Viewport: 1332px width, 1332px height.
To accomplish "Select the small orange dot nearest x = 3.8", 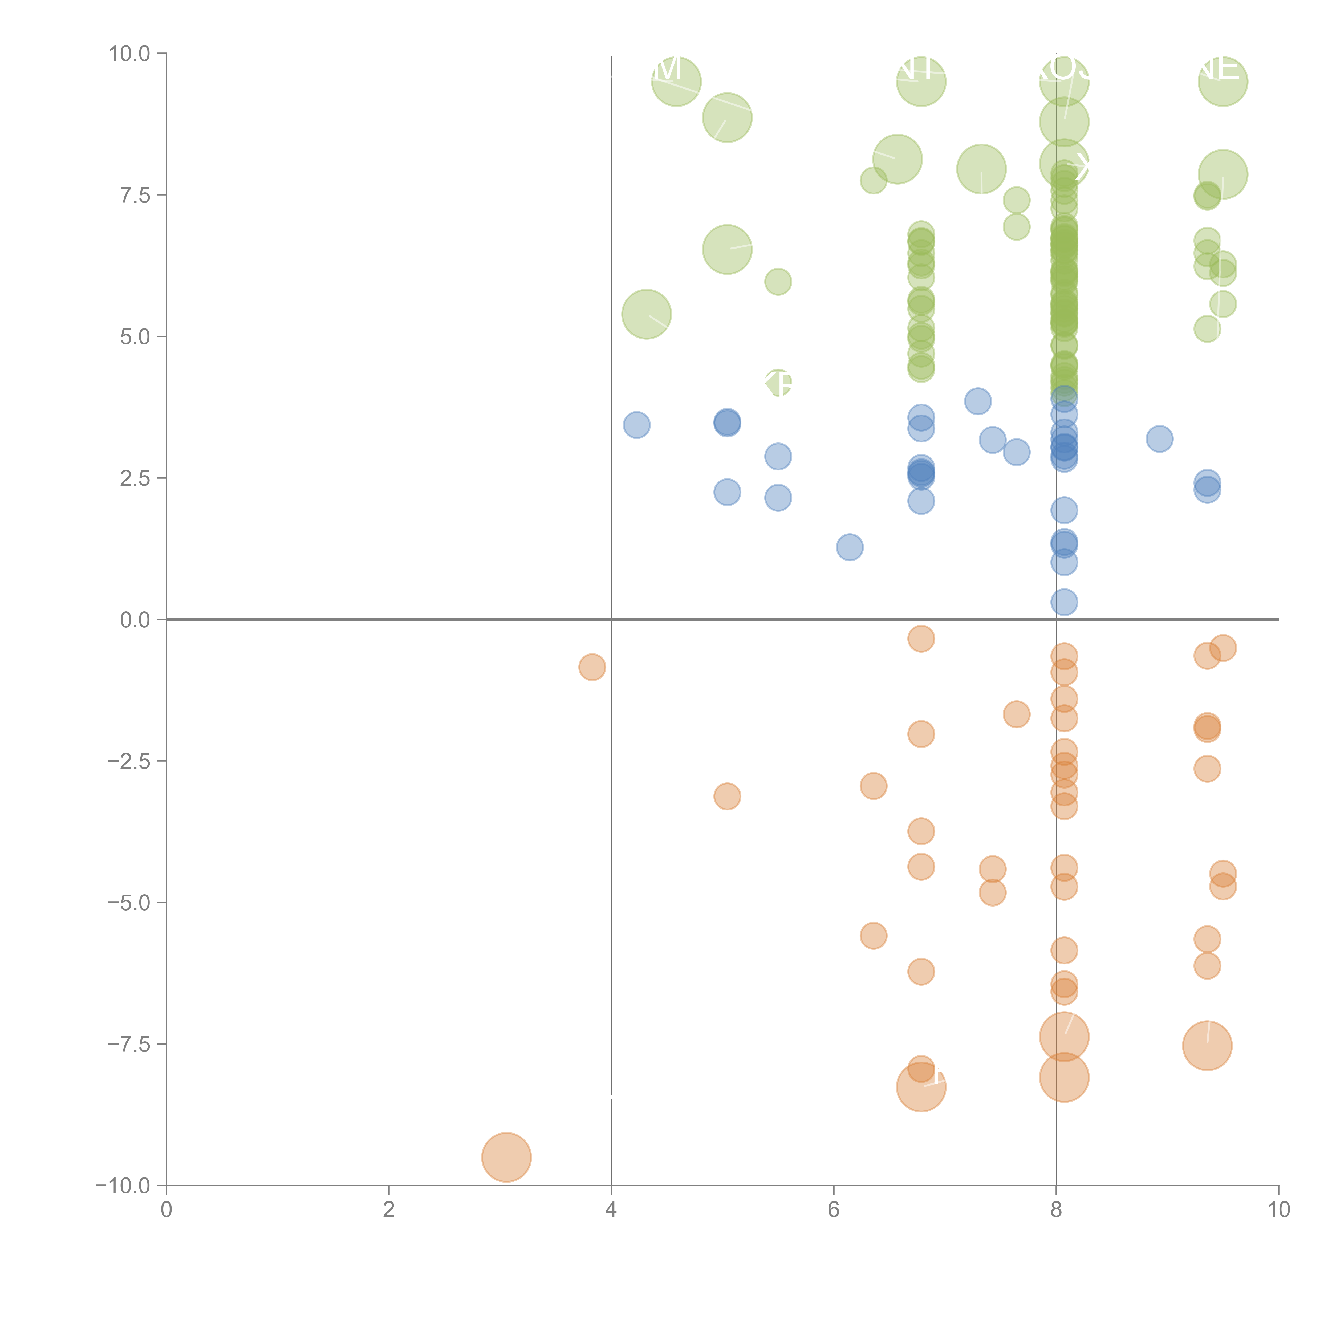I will [x=591, y=667].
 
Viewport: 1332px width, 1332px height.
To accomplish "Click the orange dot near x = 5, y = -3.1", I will [x=727, y=796].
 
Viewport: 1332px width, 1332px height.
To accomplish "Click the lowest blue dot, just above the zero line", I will [x=1064, y=602].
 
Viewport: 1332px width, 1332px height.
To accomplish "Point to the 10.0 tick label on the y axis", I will [x=130, y=54].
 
